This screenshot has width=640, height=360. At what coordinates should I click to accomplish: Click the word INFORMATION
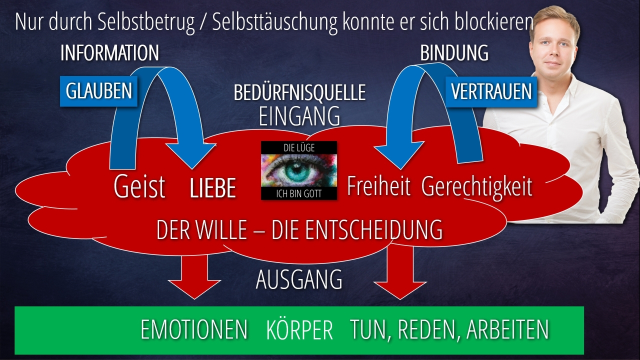[x=109, y=53]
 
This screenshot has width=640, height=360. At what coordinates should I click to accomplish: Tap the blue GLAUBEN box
[x=98, y=91]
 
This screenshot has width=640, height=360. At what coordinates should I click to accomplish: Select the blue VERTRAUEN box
[x=491, y=91]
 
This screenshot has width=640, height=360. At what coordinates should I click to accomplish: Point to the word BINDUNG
[x=454, y=53]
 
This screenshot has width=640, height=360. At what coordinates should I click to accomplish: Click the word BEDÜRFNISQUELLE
[x=299, y=92]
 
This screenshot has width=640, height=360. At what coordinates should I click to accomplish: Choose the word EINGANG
[x=299, y=116]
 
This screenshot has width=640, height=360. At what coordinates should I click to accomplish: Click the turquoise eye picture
[x=299, y=170]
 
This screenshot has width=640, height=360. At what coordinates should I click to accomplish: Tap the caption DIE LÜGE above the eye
[x=299, y=147]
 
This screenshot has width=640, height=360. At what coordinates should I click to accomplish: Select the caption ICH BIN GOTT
[x=299, y=193]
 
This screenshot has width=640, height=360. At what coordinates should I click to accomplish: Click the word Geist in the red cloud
[x=139, y=186]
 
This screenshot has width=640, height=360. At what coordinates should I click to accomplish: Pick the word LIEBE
[x=213, y=187]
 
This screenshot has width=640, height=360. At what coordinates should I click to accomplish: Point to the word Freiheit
[x=378, y=185]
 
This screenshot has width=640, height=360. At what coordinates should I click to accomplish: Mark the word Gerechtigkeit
[x=477, y=187]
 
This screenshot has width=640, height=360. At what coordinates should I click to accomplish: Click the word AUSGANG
[x=299, y=279]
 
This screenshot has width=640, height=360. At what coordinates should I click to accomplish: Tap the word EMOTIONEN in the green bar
[x=194, y=329]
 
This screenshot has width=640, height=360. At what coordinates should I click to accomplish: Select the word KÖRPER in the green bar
[x=299, y=329]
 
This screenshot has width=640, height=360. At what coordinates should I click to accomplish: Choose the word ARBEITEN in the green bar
[x=507, y=329]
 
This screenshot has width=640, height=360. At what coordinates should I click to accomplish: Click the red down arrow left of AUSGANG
[x=194, y=276]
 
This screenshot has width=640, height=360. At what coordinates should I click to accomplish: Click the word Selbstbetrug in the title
[x=146, y=22]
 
